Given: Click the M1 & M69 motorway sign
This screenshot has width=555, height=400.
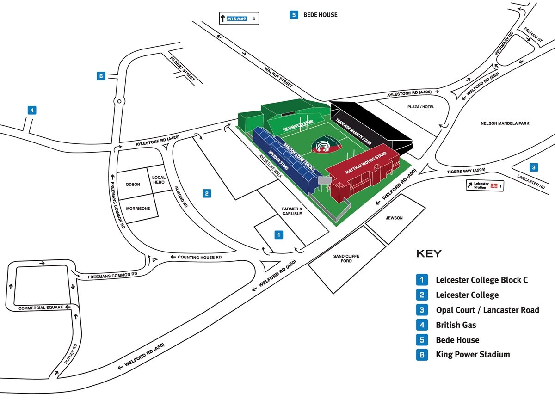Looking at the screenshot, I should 239,19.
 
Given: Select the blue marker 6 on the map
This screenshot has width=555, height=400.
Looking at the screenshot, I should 101,76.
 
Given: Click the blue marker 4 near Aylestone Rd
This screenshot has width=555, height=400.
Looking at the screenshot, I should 31,110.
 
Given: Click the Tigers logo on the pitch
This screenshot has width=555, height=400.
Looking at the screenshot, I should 323,145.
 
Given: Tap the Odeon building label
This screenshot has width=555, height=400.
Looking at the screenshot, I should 133,185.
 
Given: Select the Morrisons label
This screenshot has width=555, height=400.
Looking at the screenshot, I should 138,209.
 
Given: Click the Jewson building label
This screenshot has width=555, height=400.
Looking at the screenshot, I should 394,218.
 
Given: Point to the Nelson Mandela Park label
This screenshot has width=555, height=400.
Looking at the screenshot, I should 505,123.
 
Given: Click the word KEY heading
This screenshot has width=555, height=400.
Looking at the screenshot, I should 429,253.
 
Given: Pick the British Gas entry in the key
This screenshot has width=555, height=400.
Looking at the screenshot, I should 456,325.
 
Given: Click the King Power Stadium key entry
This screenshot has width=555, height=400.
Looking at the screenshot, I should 472,355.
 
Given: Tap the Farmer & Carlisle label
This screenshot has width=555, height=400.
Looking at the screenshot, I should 292,211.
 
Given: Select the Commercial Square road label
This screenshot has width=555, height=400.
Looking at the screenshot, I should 39,308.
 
